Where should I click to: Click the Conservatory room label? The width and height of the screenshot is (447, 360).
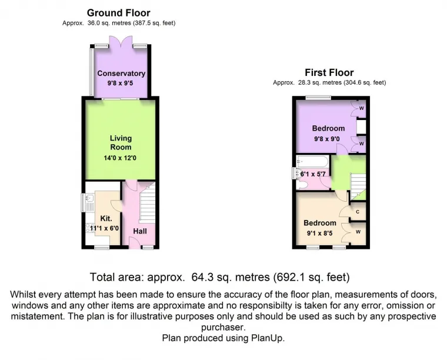click(x=121, y=74)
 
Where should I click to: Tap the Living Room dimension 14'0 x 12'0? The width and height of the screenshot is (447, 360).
click(x=120, y=158)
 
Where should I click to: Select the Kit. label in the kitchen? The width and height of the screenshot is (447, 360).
click(x=106, y=219)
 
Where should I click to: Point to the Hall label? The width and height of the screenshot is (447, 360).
click(x=140, y=231)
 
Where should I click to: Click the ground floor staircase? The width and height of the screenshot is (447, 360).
click(x=147, y=202)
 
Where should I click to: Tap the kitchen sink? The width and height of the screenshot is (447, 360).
click(x=89, y=202)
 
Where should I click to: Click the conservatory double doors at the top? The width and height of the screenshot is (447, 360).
click(x=121, y=41)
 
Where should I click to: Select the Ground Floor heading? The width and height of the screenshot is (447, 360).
click(x=119, y=13)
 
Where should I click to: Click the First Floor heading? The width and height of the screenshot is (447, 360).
click(x=329, y=72)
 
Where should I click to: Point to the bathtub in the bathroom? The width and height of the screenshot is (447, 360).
click(x=312, y=161)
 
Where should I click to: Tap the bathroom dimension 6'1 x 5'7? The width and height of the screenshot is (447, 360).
click(x=313, y=174)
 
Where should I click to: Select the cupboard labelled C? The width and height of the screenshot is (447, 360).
click(x=358, y=212)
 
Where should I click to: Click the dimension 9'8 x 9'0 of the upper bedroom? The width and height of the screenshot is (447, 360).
click(x=327, y=139)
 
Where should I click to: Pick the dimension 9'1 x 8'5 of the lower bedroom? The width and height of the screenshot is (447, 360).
click(x=319, y=234)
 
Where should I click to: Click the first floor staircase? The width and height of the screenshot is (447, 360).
click(x=358, y=185)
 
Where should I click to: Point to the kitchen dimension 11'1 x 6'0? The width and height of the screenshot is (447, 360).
click(x=104, y=228)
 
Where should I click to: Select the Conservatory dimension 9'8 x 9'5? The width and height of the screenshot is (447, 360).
click(x=121, y=84)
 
